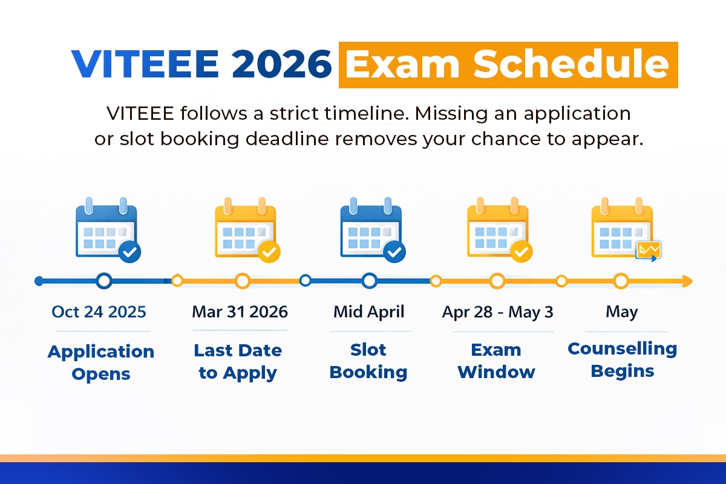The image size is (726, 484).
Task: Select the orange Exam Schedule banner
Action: [x=508, y=65]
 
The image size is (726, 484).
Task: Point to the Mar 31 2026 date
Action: [x=240, y=312]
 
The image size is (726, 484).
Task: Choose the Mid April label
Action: [x=369, y=312]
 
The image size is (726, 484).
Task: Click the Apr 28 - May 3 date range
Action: [x=497, y=312]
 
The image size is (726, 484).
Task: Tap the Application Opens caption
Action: [x=100, y=362]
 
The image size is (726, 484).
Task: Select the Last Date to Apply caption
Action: [x=238, y=361]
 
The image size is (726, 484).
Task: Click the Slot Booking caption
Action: [x=368, y=361]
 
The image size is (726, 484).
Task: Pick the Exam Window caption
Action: [x=496, y=361]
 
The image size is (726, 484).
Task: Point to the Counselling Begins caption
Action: [x=622, y=359]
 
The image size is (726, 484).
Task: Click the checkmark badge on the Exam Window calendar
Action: [x=521, y=251]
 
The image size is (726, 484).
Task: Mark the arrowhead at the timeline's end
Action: [x=687, y=281]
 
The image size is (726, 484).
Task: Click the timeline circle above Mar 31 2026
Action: [x=243, y=281]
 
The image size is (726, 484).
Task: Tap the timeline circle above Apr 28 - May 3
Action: [x=497, y=281]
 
